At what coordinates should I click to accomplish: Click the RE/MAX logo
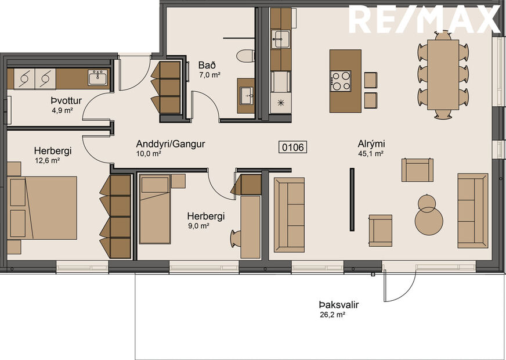pyautogui.click(x=424, y=19)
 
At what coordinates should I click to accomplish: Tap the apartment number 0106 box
pyautogui.click(x=293, y=147)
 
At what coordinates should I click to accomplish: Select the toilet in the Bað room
pyautogui.click(x=246, y=56)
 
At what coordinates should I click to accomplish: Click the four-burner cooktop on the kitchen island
pyautogui.click(x=341, y=81)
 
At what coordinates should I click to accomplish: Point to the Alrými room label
pyautogui.click(x=371, y=144)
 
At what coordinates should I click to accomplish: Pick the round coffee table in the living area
pyautogui.click(x=429, y=218)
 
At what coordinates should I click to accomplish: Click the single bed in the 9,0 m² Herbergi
pyautogui.click(x=155, y=208)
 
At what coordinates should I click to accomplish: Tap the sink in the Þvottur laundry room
pyautogui.click(x=97, y=77)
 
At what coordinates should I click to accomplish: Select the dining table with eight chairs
pyautogui.click(x=444, y=74)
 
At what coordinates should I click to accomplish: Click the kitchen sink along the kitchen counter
pyautogui.click(x=282, y=39)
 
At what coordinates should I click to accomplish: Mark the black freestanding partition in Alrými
pyautogui.click(x=352, y=199)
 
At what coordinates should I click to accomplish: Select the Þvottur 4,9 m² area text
pyautogui.click(x=61, y=109)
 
